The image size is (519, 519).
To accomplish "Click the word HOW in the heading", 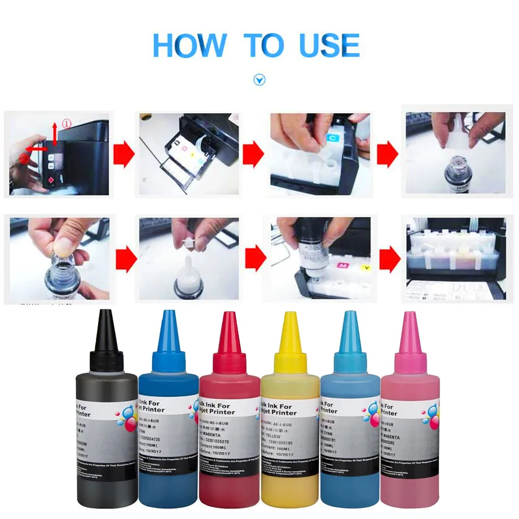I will [x=190, y=45].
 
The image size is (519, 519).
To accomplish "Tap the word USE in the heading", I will [x=330, y=45].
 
